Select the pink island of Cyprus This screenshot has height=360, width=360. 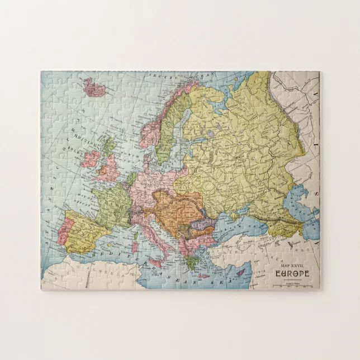click(240, 273)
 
